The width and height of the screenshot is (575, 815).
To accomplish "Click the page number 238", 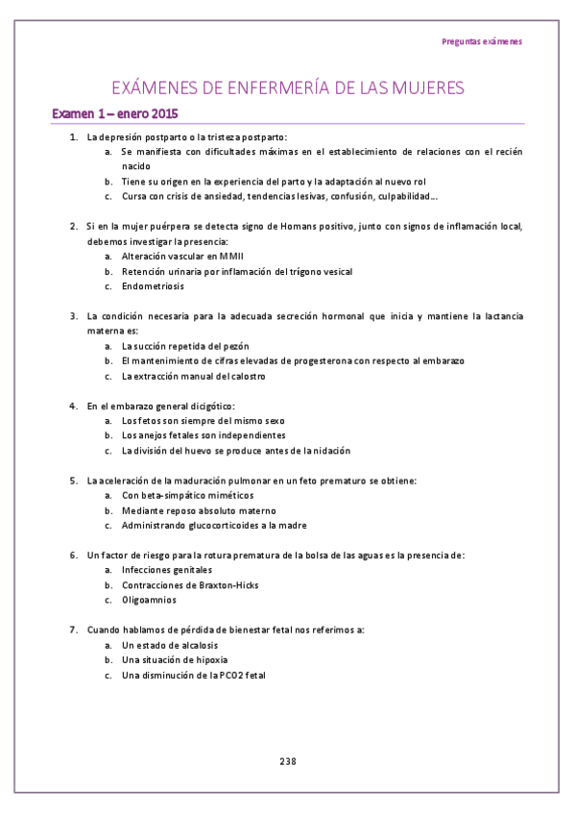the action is pos(288,761).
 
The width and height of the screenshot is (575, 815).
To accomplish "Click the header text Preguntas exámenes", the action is pos(482,41).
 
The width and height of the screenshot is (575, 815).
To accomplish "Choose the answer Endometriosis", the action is pos(153,286).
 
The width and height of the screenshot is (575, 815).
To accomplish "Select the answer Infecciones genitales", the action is pos(162,570).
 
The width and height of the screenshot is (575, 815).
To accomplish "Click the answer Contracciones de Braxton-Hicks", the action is pos(189,585).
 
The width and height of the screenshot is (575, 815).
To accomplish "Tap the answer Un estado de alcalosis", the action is pos(169,645).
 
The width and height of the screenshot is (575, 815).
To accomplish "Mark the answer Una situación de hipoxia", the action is pos(174,660).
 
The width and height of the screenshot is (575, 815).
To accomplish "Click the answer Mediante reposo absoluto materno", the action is pos(198,510).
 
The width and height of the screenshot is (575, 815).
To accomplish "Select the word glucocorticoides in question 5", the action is pos(235,526).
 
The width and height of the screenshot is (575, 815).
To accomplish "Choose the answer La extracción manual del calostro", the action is pos(193,376).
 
